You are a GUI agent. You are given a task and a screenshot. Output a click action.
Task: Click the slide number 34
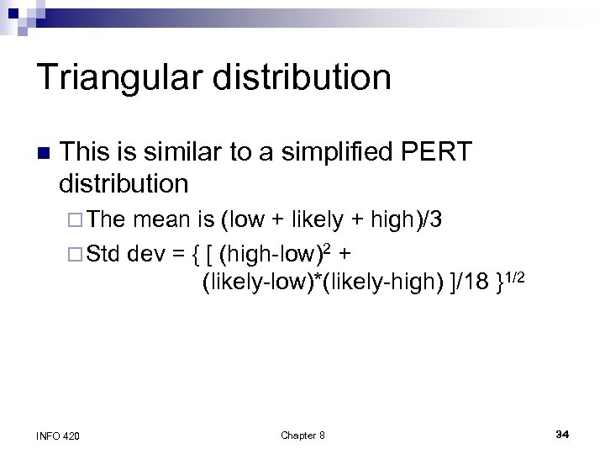tap(563, 434)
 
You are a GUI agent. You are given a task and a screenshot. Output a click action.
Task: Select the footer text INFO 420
tap(60, 435)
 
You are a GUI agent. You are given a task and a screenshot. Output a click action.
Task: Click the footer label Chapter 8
tap(302, 435)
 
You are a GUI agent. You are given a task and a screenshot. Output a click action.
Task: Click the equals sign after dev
tap(177, 252)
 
